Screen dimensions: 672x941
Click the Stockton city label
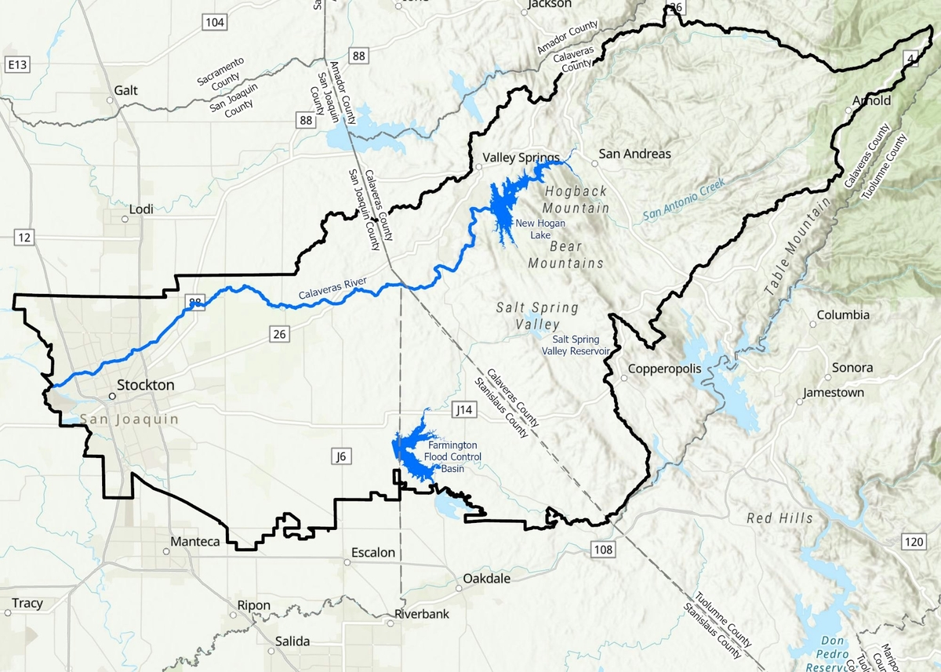pos(145,385)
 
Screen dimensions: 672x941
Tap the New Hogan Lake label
pos(533,229)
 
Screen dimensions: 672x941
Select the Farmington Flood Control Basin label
pos(452,457)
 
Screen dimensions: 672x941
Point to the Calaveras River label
pos(333,293)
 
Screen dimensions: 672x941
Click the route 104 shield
pos(214,22)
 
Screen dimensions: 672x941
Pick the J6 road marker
pos(340,456)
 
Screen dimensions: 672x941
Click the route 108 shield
pos(602,550)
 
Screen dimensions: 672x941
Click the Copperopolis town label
pos(663,368)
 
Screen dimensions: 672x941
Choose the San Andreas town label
pos(634,154)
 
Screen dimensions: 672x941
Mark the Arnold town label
pos(871,100)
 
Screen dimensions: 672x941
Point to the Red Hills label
pos(779,518)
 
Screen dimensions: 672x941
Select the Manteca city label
pos(196,541)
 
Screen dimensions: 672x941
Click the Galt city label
pos(125,90)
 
